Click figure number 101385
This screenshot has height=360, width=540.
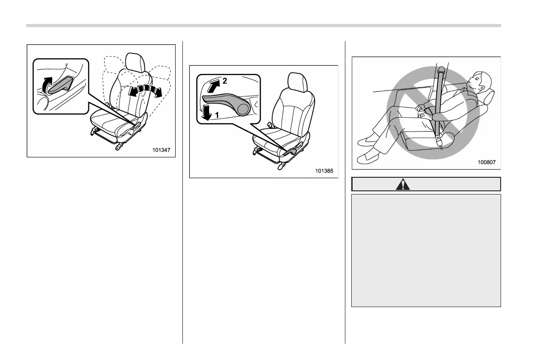pyautogui.click(x=324, y=171)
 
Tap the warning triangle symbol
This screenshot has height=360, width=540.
pyautogui.click(x=402, y=185)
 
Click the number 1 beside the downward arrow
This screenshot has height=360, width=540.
pyautogui.click(x=217, y=115)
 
